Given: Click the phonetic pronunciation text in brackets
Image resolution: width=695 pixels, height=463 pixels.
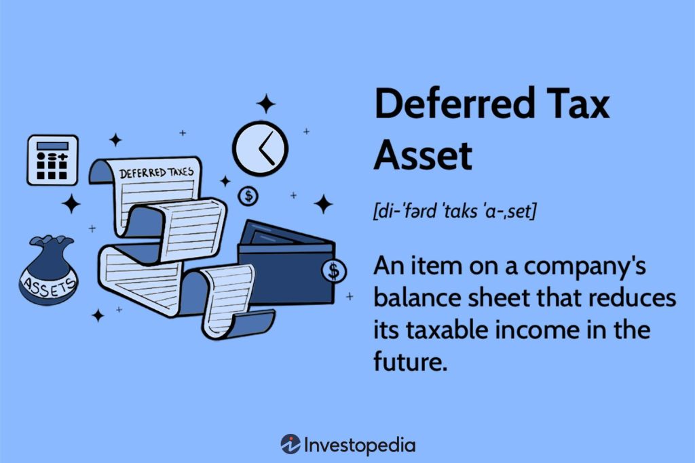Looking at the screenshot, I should [455, 212].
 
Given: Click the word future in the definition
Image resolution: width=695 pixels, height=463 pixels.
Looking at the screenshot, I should [410, 362].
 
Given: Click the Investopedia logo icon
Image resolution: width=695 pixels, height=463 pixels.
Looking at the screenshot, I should [290, 445].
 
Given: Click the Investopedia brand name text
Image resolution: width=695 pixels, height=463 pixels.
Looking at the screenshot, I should [360, 445].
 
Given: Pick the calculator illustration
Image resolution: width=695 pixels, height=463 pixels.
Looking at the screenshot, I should [52, 160].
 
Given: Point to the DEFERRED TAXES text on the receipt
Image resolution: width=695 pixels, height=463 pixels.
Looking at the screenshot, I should [156, 172].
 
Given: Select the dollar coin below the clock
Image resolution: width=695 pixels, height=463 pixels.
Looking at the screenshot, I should [248, 197].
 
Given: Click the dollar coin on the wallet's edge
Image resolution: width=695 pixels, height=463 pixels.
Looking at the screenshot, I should [333, 271].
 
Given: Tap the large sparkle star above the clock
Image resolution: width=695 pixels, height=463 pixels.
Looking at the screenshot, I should [265, 104].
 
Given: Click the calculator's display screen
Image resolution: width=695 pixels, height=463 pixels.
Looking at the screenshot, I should [52, 146].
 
